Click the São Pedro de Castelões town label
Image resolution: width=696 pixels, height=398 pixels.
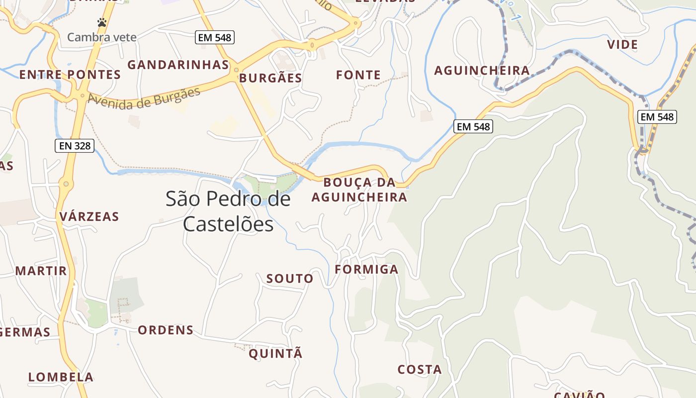228,211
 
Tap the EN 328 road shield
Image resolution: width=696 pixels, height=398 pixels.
74,145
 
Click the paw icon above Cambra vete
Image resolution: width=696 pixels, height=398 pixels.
102,22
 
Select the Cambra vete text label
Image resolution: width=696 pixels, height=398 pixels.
101,37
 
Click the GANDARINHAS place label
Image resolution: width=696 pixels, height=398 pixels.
178,65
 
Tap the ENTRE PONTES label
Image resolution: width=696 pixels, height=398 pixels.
70,75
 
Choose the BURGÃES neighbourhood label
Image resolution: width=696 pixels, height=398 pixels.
270,78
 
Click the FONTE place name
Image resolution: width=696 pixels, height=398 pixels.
358,75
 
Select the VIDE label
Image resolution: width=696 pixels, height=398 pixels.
622,45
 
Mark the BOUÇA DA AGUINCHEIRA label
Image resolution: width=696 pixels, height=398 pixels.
359,190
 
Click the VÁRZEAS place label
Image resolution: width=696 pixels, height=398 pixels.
89,216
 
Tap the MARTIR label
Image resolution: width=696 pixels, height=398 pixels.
41,271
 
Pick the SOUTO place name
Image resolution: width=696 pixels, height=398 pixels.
290,279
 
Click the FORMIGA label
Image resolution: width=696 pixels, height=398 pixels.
366,270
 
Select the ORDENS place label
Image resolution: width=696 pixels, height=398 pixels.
166,330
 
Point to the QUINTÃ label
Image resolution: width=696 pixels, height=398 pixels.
275,354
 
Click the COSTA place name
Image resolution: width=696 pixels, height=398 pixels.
420,370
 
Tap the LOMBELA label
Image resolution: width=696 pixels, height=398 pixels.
61,377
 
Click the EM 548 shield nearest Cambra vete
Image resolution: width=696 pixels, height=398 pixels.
214,37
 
